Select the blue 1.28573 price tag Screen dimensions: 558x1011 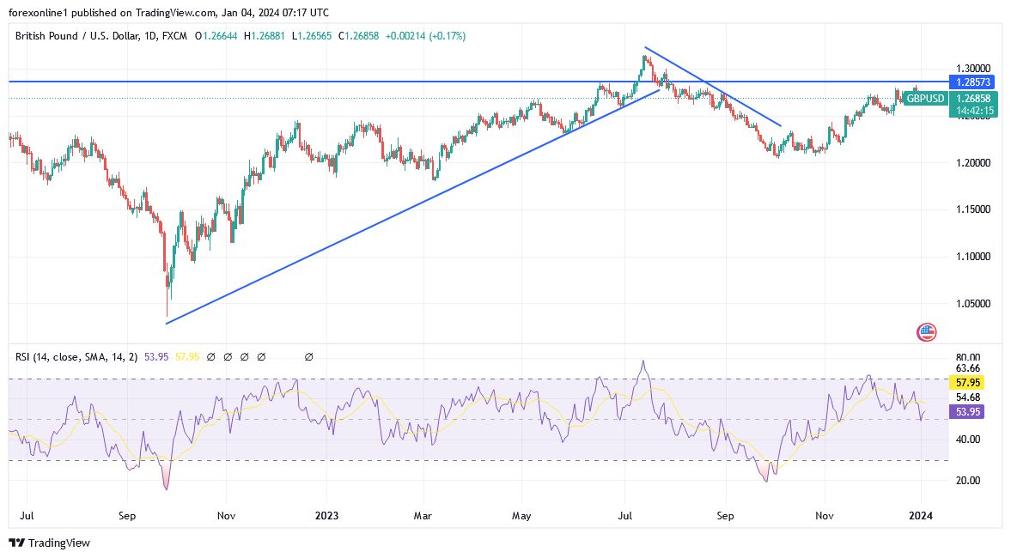tap(972, 82)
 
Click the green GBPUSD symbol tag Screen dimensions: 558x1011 tap(924, 99)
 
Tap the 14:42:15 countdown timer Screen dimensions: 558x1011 tap(972, 111)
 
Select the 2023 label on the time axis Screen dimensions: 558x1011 tap(326, 516)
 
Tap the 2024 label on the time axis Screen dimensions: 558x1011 tap(921, 516)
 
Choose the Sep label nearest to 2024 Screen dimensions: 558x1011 tap(726, 516)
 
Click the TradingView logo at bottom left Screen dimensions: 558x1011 tap(49, 543)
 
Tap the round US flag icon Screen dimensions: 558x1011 tap(926, 332)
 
